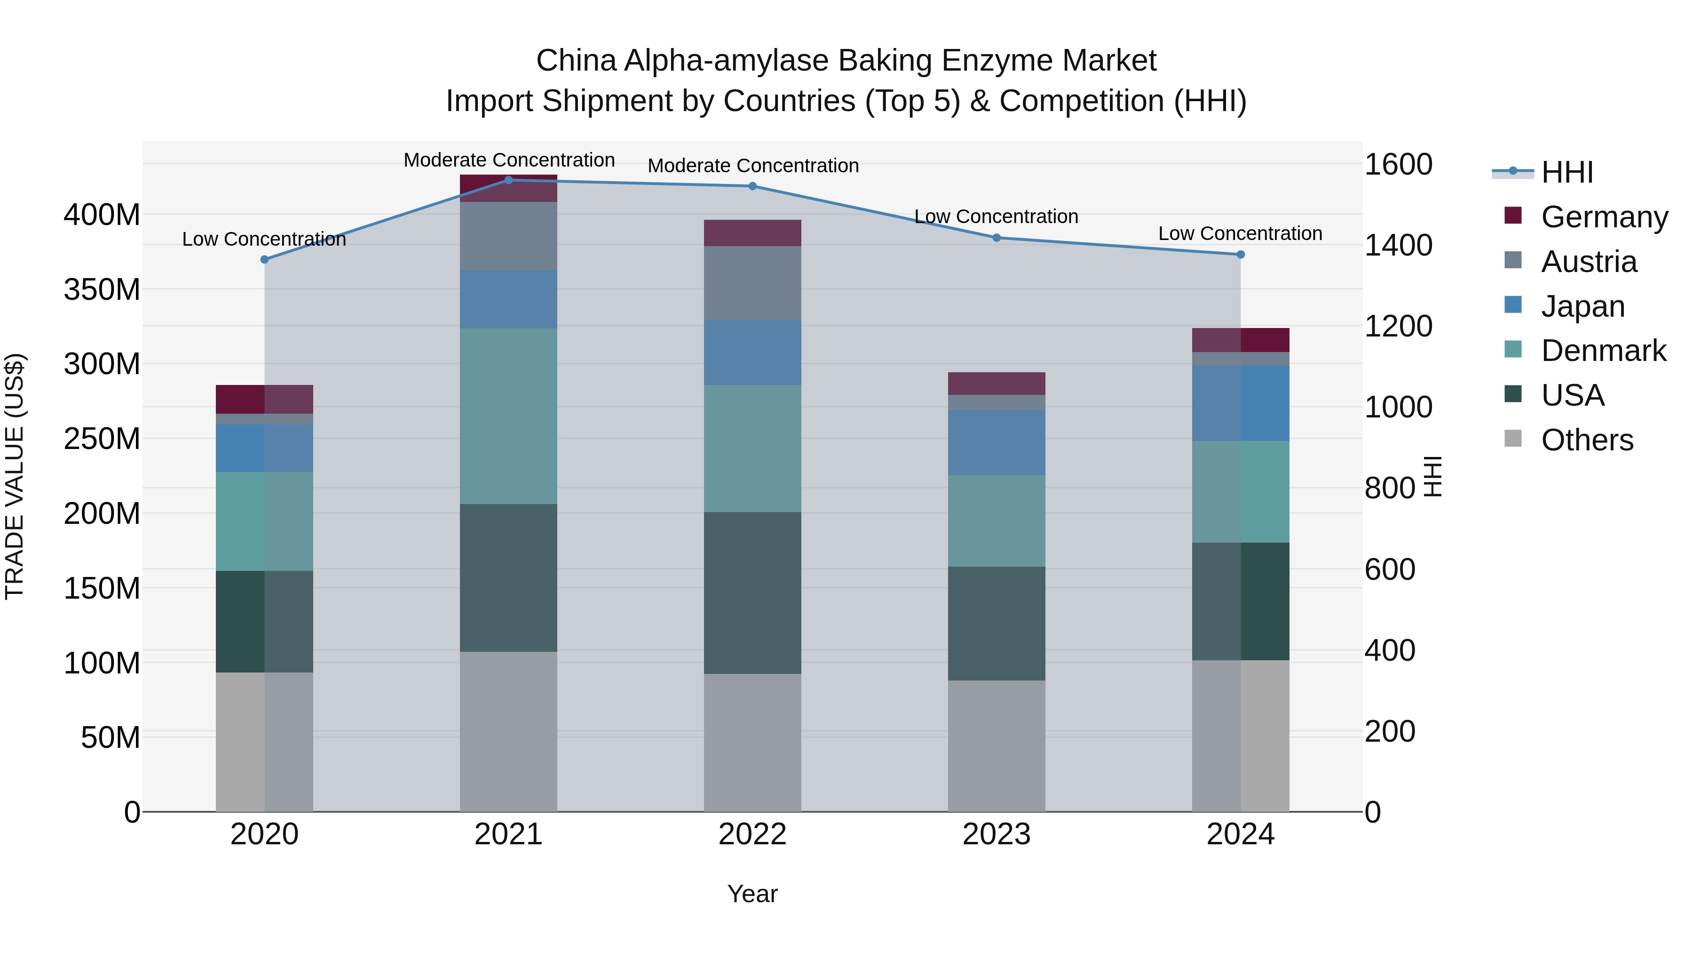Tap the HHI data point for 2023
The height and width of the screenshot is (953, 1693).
pyautogui.click(x=997, y=238)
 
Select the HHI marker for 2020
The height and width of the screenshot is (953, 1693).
pyautogui.click(x=264, y=260)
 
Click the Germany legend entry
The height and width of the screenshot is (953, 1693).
pyautogui.click(x=1604, y=216)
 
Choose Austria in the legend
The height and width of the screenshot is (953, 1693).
pyautogui.click(x=1589, y=261)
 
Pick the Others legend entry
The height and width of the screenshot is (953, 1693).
pyautogui.click(x=1587, y=440)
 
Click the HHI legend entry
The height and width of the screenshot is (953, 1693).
pyautogui.click(x=1567, y=172)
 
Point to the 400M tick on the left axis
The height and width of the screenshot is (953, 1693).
pyautogui.click(x=102, y=215)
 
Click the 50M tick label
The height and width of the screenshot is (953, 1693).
pyautogui.click(x=111, y=737)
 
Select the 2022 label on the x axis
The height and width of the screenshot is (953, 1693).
pyautogui.click(x=752, y=834)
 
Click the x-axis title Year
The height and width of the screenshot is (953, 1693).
pyautogui.click(x=752, y=894)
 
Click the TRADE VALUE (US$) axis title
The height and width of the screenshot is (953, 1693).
pyautogui.click(x=15, y=476)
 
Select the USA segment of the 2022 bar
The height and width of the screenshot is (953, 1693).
pyautogui.click(x=752, y=593)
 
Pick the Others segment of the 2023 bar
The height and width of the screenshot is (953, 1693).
pyautogui.click(x=997, y=746)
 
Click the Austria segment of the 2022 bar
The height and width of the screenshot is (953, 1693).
pyautogui.click(x=752, y=283)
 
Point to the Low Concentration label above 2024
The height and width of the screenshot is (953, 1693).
pyautogui.click(x=1240, y=233)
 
